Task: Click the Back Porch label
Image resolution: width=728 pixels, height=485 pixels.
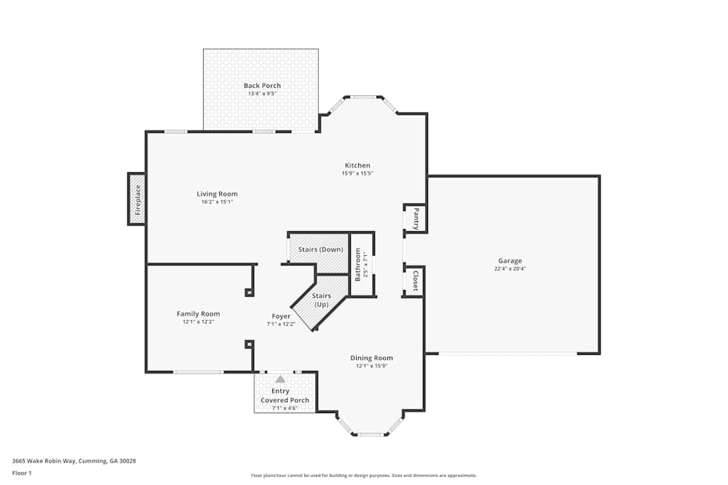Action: pos(262,86)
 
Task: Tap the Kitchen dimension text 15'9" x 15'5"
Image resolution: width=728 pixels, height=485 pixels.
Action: pos(357,174)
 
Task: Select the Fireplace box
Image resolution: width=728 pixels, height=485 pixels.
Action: pos(137,199)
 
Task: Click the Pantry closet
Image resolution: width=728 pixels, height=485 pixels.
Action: pos(415,218)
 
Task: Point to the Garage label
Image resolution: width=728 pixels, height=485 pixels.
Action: pos(510,260)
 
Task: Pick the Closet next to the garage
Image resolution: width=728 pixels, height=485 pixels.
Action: pos(415,281)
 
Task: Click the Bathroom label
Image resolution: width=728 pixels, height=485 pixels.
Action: pos(358,265)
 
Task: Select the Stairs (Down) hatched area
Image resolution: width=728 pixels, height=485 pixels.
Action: pos(320,249)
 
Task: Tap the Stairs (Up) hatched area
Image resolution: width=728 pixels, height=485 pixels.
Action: pos(321,300)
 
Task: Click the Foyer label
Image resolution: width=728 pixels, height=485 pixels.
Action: pos(281,316)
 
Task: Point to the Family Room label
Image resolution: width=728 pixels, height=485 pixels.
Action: pos(198,314)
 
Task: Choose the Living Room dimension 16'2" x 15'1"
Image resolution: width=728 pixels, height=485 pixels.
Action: pos(217,201)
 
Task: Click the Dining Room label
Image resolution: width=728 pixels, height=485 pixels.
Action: pos(371,358)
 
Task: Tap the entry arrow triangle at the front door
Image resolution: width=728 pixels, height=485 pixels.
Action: pos(280,379)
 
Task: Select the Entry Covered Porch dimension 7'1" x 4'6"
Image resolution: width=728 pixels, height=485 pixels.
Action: pos(285,409)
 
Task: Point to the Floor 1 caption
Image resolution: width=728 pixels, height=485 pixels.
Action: pos(22,473)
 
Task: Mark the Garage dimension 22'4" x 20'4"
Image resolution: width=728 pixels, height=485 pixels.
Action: pos(510,269)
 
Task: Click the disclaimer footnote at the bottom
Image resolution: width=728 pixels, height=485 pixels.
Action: pos(363,476)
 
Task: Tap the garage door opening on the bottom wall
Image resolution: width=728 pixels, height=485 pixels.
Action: pos(508,354)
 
